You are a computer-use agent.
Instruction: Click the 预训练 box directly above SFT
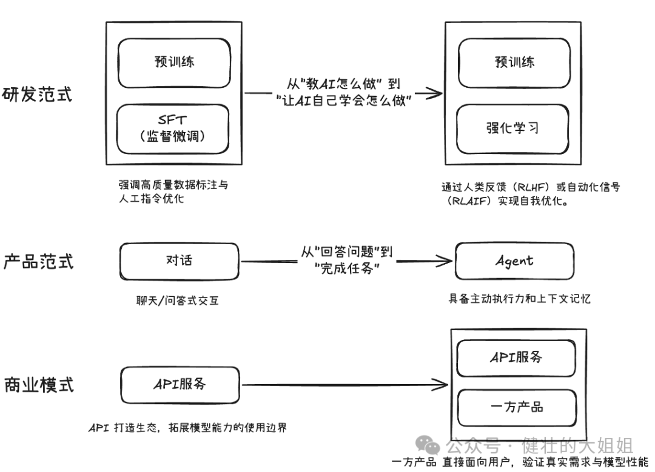tap(174, 62)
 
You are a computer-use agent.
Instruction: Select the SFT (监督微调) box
tap(174, 128)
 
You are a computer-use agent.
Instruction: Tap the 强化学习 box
tap(513, 128)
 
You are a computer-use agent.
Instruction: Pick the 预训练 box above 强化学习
tap(513, 62)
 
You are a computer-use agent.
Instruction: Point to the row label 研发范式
tap(37, 95)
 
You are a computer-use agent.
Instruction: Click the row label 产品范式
tap(38, 261)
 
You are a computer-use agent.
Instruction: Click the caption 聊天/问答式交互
tap(177, 300)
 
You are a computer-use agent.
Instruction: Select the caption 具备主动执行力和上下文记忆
tap(519, 298)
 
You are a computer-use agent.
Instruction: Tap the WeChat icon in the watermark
tap(432, 447)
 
